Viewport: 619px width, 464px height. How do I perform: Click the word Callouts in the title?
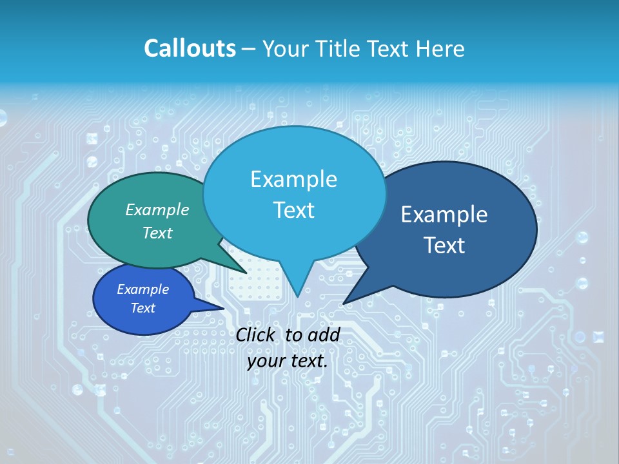point(190,48)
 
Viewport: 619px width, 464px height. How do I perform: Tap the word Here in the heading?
point(441,48)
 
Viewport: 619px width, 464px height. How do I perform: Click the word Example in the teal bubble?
point(157,209)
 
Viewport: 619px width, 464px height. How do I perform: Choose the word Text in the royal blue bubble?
point(143,308)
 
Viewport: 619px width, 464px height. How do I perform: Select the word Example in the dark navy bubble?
point(444,215)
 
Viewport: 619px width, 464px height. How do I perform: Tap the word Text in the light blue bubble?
point(294,210)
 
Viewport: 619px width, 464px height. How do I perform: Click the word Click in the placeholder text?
point(255,334)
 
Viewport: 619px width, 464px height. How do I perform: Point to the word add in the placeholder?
point(324,334)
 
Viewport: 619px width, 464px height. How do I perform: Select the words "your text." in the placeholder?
point(288,361)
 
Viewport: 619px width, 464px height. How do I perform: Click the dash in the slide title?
point(250,48)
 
